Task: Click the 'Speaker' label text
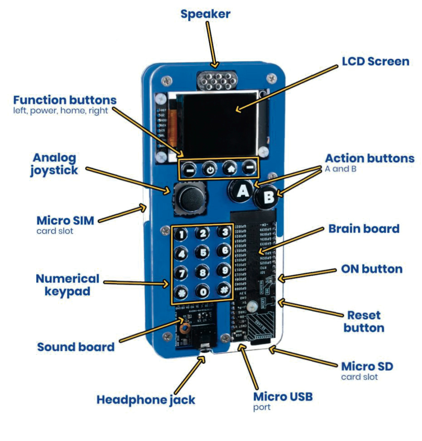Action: [x=205, y=14]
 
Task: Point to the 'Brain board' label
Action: [x=364, y=228]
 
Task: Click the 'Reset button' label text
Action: [x=364, y=321]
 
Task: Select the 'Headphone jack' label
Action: [x=146, y=400]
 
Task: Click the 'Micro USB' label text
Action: [x=283, y=397]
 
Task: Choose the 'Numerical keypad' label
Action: [x=67, y=284]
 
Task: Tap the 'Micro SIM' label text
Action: [x=65, y=220]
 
